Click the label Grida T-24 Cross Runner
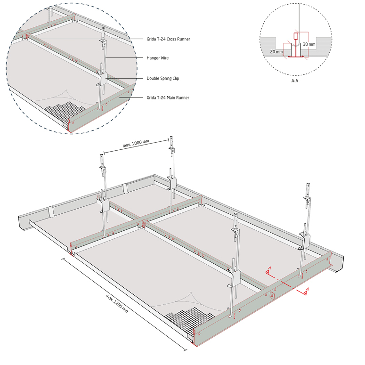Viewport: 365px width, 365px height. [168, 39]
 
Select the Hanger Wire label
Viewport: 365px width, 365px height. [158, 58]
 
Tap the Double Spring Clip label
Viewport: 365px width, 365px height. [162, 79]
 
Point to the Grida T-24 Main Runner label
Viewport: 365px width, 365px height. [168, 98]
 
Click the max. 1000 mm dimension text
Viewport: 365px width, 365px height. [136, 143]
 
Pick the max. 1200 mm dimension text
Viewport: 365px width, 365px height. [117, 303]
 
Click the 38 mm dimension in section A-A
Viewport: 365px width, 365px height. [309, 44]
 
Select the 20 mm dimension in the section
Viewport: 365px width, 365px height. [276, 52]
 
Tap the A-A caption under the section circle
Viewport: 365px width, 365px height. [295, 81]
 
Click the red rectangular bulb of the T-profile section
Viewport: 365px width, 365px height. [296, 36]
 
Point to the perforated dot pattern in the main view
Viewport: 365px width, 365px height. [190, 320]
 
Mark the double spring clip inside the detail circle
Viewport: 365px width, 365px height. [101, 79]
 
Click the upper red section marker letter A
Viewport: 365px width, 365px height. [269, 268]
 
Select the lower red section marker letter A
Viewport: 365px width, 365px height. [308, 289]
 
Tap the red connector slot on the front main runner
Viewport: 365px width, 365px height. [272, 295]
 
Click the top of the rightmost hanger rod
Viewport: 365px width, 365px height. [308, 184]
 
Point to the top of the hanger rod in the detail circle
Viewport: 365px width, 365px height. [103, 29]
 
